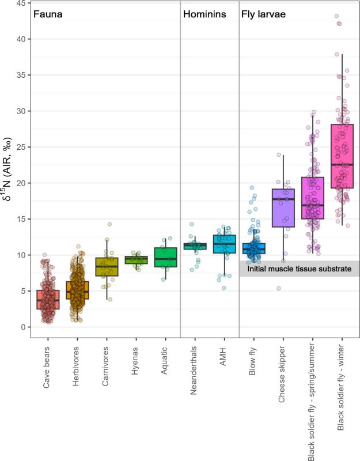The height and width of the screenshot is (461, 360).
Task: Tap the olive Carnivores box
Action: [x=107, y=267]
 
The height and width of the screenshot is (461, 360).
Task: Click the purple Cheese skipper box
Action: [x=284, y=207]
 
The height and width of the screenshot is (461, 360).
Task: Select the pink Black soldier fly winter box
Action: [x=342, y=156]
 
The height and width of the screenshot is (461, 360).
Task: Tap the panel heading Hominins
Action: [x=204, y=14]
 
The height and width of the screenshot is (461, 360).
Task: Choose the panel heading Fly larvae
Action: [x=264, y=14]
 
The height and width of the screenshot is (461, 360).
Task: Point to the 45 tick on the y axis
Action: [x=20, y=3]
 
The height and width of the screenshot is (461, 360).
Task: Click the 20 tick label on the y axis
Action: [x=20, y=183]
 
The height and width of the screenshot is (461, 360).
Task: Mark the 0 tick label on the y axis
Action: [x=22, y=327]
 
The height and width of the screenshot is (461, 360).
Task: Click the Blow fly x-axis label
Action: [x=254, y=362]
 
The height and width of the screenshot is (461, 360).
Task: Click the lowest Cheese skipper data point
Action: [x=279, y=289]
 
